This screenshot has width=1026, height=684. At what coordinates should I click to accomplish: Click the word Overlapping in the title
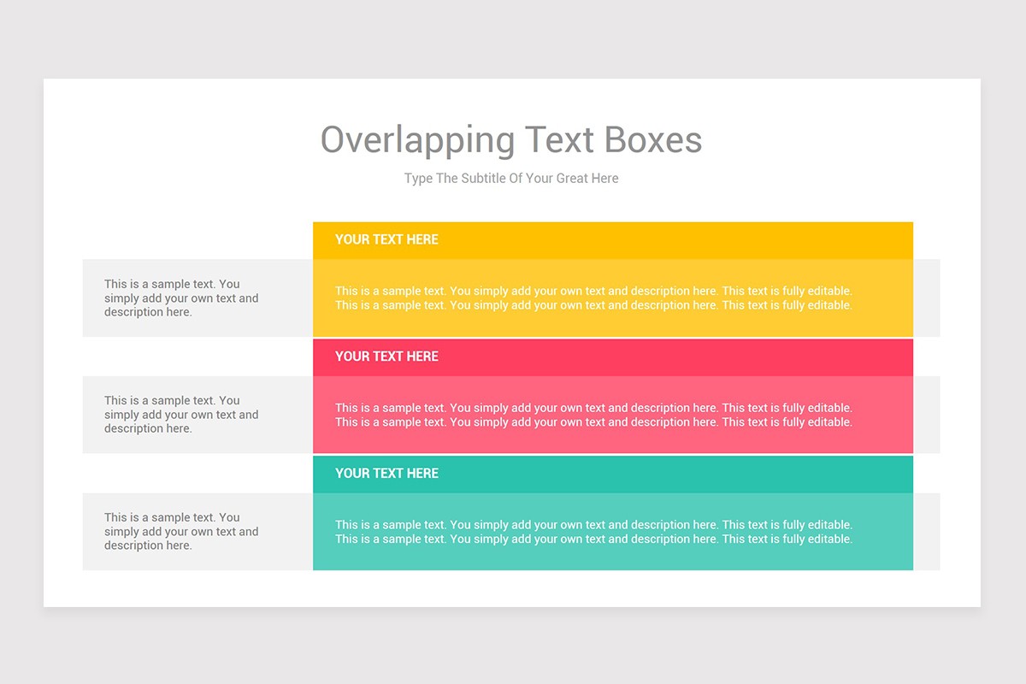coord(417,140)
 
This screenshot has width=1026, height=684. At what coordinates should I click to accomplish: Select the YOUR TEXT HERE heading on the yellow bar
coord(386,239)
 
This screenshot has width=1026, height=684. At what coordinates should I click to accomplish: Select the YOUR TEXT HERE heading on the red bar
coord(386,357)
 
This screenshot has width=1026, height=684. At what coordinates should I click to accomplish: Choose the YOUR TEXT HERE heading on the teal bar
coord(386,474)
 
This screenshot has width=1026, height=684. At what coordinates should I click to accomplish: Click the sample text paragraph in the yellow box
coord(593,298)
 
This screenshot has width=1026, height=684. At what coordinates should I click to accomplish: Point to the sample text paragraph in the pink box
coord(593,415)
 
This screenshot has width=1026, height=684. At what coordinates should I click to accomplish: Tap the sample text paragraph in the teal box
coord(593,532)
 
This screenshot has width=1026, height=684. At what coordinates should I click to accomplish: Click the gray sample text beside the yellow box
coord(181,298)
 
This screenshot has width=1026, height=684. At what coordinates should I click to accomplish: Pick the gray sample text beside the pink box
coord(181,415)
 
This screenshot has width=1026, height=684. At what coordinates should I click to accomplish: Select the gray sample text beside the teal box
coord(181,532)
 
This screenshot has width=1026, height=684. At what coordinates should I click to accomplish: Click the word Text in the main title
coord(558,139)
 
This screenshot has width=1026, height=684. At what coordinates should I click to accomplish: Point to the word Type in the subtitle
coord(418,179)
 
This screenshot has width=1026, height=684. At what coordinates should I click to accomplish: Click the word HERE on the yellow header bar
coord(422,239)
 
